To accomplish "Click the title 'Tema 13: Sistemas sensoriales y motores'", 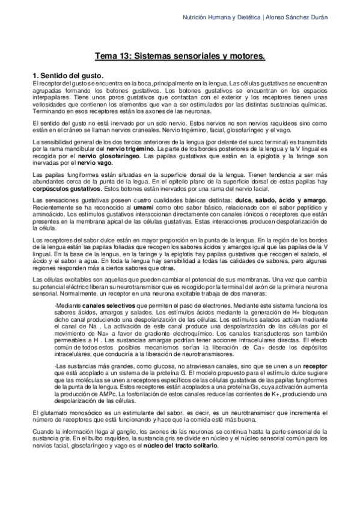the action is point(180,56).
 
